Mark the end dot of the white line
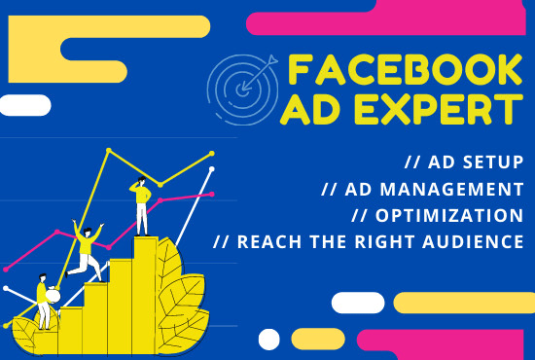pos(210,173)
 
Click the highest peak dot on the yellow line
pos(109,152)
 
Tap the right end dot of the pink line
pos(212,193)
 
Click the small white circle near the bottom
pos(269,338)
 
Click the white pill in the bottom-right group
pos(357,302)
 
